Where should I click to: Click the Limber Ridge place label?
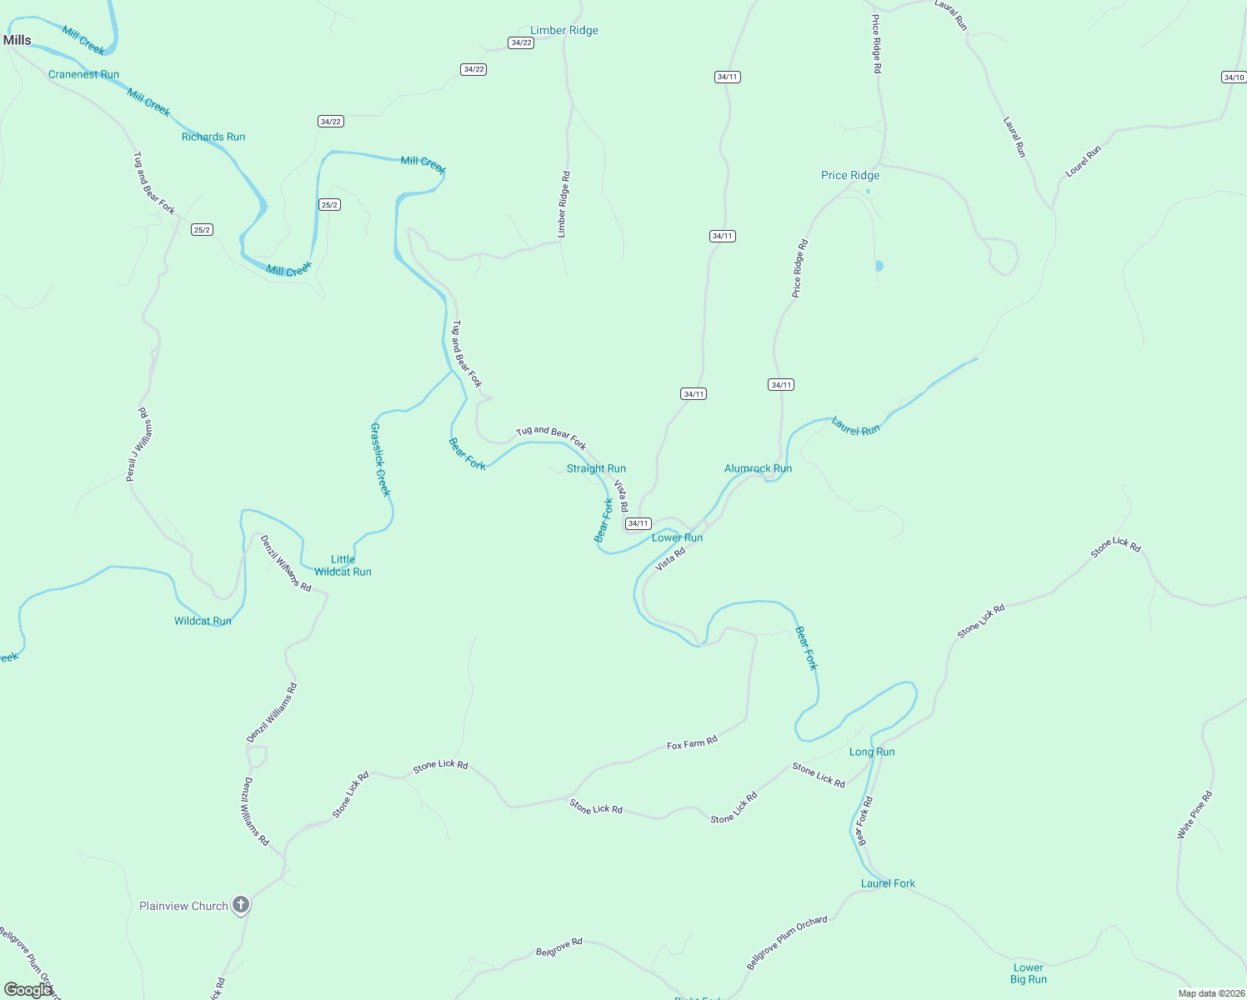(x=564, y=31)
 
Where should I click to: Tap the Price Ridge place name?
(x=850, y=175)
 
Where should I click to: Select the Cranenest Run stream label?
(x=83, y=74)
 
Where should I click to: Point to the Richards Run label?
(x=213, y=137)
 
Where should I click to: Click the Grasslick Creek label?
(x=380, y=459)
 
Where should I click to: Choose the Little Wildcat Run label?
(x=343, y=566)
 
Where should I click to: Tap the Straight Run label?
(x=596, y=468)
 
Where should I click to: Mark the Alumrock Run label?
(x=758, y=468)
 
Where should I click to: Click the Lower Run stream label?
(x=677, y=537)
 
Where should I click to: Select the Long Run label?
(x=872, y=752)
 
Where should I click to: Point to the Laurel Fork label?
(x=888, y=883)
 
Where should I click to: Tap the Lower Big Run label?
(x=1029, y=973)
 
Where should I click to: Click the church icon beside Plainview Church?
(x=241, y=905)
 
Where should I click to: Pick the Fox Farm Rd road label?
(x=692, y=742)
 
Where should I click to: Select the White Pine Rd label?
(x=1195, y=815)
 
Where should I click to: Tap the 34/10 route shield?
(x=1234, y=77)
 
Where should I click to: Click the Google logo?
(x=27, y=990)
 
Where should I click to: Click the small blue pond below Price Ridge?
(x=879, y=267)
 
